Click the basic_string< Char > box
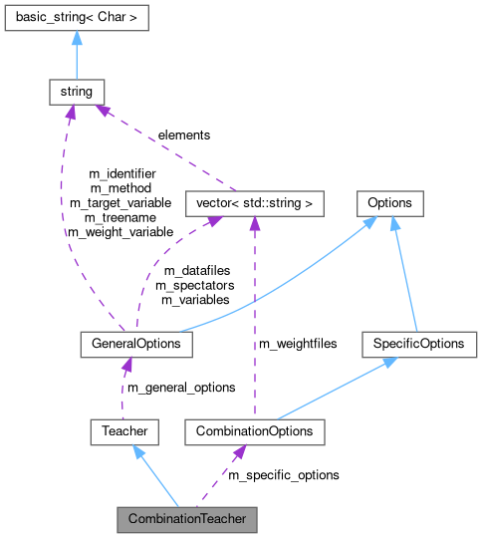click(77, 17)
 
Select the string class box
click(77, 92)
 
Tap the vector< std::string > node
click(255, 203)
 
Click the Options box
click(389, 203)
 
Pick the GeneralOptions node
click(135, 344)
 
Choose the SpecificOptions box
click(419, 344)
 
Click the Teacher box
click(124, 431)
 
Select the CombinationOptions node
click(255, 431)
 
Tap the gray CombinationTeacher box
click(186, 519)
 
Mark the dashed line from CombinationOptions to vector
click(255, 319)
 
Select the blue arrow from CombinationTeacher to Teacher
click(154, 475)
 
